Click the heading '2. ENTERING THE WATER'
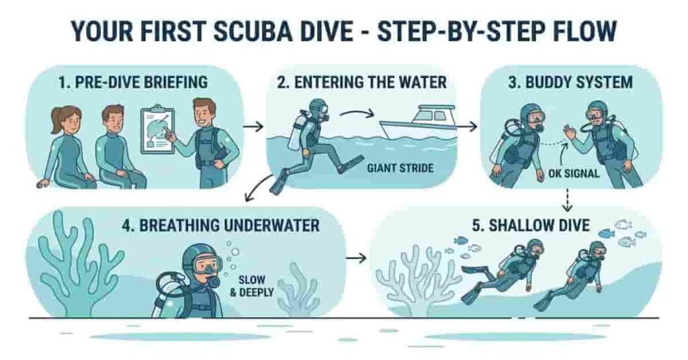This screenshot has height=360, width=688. click(x=361, y=83)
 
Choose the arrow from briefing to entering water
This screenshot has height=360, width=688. click(x=253, y=126)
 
